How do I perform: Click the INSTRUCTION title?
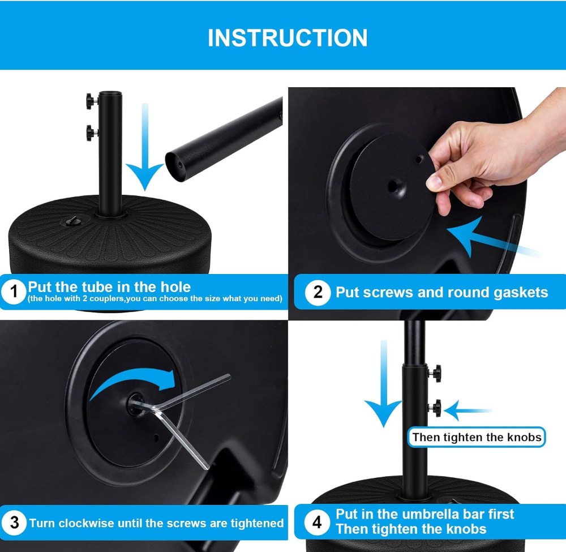pos(288,38)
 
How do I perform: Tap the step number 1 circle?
pos(14,292)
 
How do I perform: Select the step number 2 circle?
pos(318,292)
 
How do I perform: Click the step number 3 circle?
pos(14,523)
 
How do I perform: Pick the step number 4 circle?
pos(317,522)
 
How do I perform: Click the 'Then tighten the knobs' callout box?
pos(477,437)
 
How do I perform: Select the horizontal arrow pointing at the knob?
pos(469,410)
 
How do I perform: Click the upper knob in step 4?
pos(435,373)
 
